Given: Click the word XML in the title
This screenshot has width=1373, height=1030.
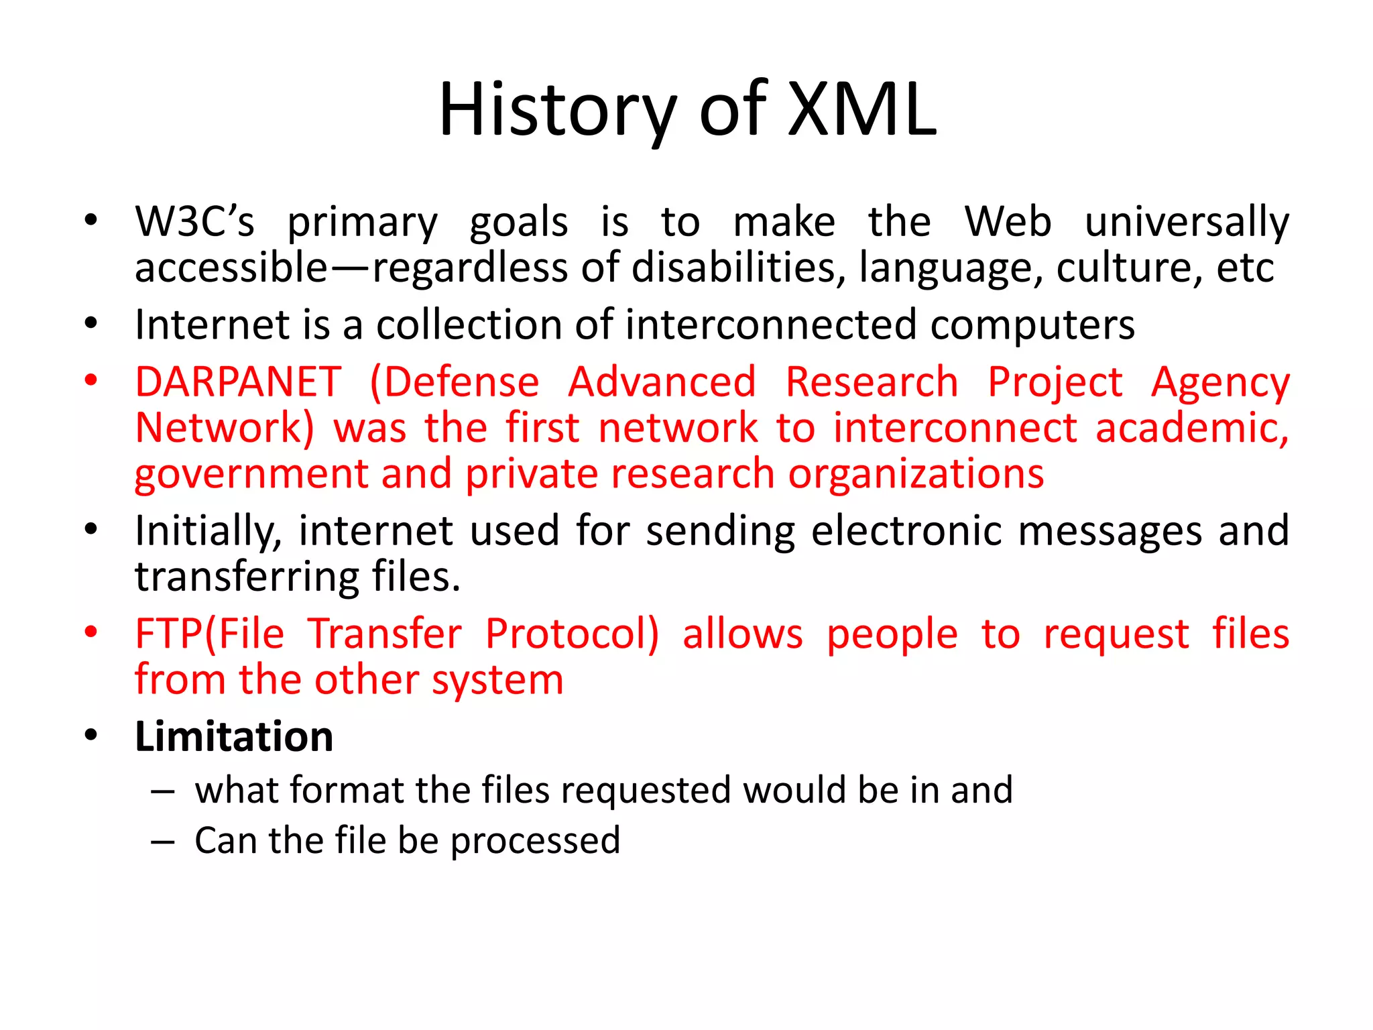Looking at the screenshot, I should [x=861, y=109].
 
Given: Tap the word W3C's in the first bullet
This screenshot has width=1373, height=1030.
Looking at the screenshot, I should [x=194, y=222].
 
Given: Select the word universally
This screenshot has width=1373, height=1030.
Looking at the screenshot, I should [x=1187, y=222].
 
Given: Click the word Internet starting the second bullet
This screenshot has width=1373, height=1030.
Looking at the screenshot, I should [x=212, y=325].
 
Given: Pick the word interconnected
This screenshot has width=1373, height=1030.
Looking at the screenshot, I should [x=771, y=325].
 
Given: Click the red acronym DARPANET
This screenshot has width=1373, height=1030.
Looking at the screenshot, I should [x=238, y=382].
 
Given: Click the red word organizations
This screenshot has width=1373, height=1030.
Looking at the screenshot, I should [x=916, y=475].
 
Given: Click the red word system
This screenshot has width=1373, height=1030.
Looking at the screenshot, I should [x=497, y=681].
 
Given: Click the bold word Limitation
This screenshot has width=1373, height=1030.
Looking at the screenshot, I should [x=234, y=737].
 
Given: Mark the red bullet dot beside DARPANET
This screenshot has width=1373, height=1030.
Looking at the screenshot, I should [x=91, y=380].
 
